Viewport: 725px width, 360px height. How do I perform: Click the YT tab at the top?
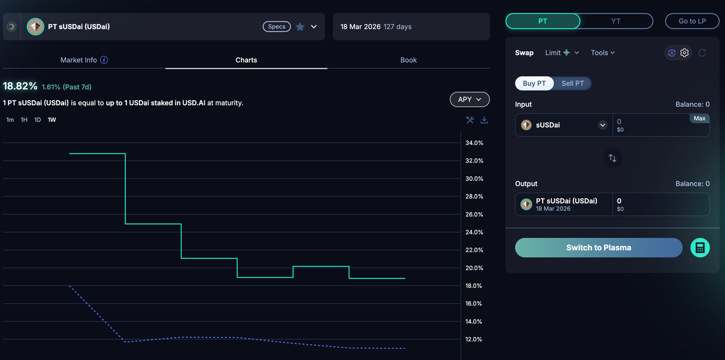click(x=616, y=21)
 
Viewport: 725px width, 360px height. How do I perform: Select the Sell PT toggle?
click(x=573, y=83)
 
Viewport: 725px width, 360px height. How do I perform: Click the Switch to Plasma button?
click(x=598, y=248)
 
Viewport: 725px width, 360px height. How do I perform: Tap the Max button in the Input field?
click(x=699, y=118)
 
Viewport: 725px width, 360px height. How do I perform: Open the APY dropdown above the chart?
click(x=469, y=99)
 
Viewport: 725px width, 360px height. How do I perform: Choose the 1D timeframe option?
click(x=37, y=120)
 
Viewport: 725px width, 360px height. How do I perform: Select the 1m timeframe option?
click(x=10, y=120)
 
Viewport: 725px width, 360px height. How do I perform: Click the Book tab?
click(x=408, y=60)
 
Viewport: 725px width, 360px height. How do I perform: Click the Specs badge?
click(x=277, y=27)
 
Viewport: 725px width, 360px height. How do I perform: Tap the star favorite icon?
click(x=300, y=27)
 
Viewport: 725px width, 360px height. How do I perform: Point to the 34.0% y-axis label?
click(x=474, y=143)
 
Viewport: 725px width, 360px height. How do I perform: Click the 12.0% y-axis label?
click(x=474, y=339)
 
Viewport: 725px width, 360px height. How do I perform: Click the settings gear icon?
click(x=685, y=53)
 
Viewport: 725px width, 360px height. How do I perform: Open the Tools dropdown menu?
click(x=602, y=53)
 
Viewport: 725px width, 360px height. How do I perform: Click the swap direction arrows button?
click(x=612, y=158)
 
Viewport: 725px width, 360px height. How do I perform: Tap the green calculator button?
click(x=700, y=248)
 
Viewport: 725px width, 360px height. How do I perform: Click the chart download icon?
click(x=484, y=120)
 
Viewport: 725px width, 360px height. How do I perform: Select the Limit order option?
click(x=561, y=53)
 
